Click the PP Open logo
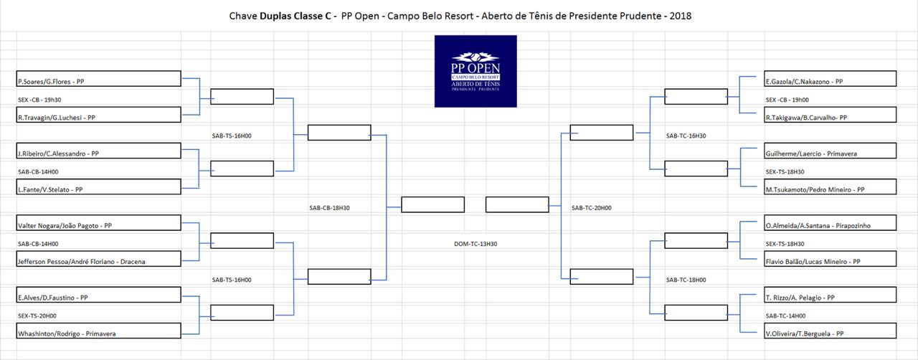pos(475,71)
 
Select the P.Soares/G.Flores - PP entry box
pos(99,79)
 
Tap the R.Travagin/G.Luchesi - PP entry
pos(99,115)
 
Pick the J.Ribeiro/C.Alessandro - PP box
pos(99,151)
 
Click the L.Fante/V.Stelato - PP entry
pos(99,186)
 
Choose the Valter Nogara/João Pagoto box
pos(99,222)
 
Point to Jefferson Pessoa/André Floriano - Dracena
pos(99,259)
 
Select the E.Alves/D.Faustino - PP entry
pos(99,295)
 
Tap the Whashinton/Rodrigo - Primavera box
pos(99,331)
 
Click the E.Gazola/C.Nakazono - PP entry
pos(831,79)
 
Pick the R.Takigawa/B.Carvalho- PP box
pos(831,115)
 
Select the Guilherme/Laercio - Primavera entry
pos(831,151)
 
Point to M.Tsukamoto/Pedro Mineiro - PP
pos(831,186)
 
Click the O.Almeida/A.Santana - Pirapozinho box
pos(831,222)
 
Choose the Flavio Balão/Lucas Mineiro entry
pos(831,259)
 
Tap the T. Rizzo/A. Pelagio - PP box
pos(831,295)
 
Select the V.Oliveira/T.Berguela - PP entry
pos(831,331)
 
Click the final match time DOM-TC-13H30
pos(475,244)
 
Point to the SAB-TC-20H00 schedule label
pos(592,208)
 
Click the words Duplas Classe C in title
pos(295,16)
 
